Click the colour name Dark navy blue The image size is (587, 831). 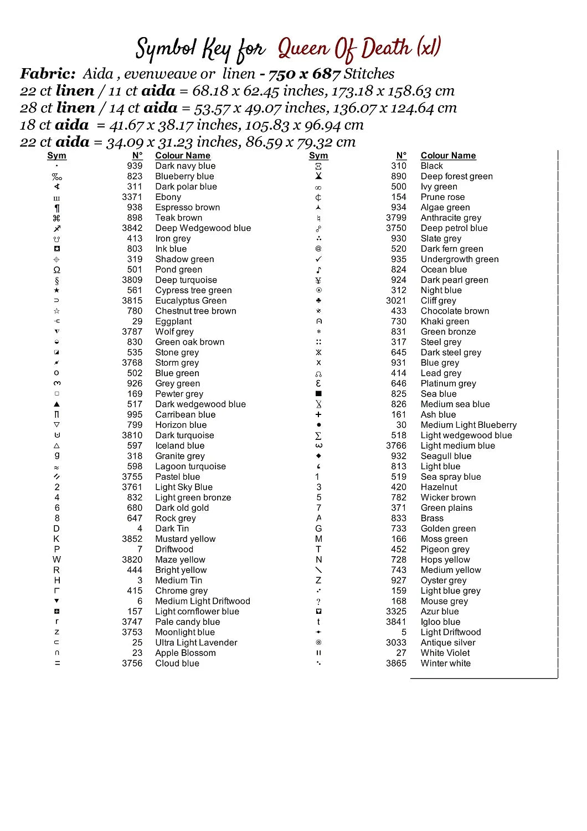(185, 166)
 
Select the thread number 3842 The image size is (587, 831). (132, 228)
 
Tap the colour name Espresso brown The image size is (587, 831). (187, 207)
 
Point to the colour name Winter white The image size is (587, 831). (445, 663)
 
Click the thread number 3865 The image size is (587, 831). (396, 663)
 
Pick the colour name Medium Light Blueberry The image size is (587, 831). (468, 425)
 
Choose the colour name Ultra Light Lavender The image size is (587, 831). (196, 643)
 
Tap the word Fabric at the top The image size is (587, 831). (48, 74)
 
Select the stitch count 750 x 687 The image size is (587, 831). (304, 74)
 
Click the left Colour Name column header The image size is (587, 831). (183, 156)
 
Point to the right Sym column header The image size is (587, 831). (318, 156)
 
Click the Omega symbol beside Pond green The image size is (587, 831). (57, 270)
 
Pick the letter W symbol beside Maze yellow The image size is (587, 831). (57, 560)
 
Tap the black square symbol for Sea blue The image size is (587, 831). (318, 394)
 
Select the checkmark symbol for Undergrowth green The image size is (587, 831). (318, 259)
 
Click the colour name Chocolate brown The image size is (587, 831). (455, 311)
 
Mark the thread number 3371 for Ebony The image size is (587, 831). (132, 197)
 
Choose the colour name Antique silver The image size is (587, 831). (448, 643)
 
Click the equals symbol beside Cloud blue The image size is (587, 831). (57, 663)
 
